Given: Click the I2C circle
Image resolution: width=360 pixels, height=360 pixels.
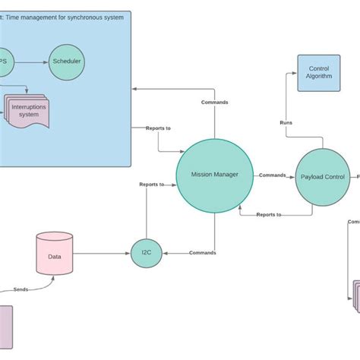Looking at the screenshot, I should pos(146,252).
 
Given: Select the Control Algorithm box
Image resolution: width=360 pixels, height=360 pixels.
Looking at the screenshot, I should pos(318,73).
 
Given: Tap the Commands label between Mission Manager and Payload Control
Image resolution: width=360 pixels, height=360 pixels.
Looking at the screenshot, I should pos(273,175).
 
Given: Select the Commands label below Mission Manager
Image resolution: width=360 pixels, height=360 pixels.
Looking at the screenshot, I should pos(202,253).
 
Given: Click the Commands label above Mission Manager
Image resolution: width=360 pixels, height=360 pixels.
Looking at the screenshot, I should pos(214,103).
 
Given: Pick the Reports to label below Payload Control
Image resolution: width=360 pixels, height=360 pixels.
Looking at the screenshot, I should pos(269,215).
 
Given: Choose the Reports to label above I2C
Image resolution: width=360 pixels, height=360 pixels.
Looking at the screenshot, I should pos(151,185).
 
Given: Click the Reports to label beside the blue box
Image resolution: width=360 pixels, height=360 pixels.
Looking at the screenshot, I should pos(159,128).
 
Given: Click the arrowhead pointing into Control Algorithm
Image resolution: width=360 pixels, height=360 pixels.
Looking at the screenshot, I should pos(293,73).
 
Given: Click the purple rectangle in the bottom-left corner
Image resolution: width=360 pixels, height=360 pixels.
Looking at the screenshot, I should pos(5,327).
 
